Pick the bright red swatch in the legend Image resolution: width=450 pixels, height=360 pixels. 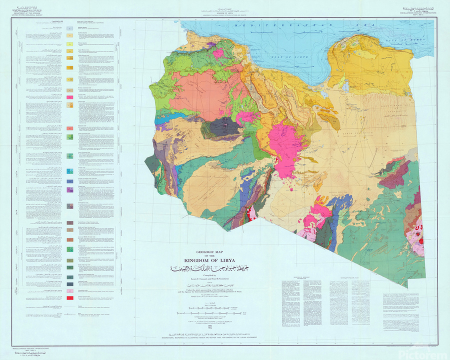(x=71, y=298)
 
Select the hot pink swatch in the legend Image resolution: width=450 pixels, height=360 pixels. (x=71, y=96)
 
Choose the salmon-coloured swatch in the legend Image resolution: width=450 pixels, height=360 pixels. (x=71, y=91)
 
